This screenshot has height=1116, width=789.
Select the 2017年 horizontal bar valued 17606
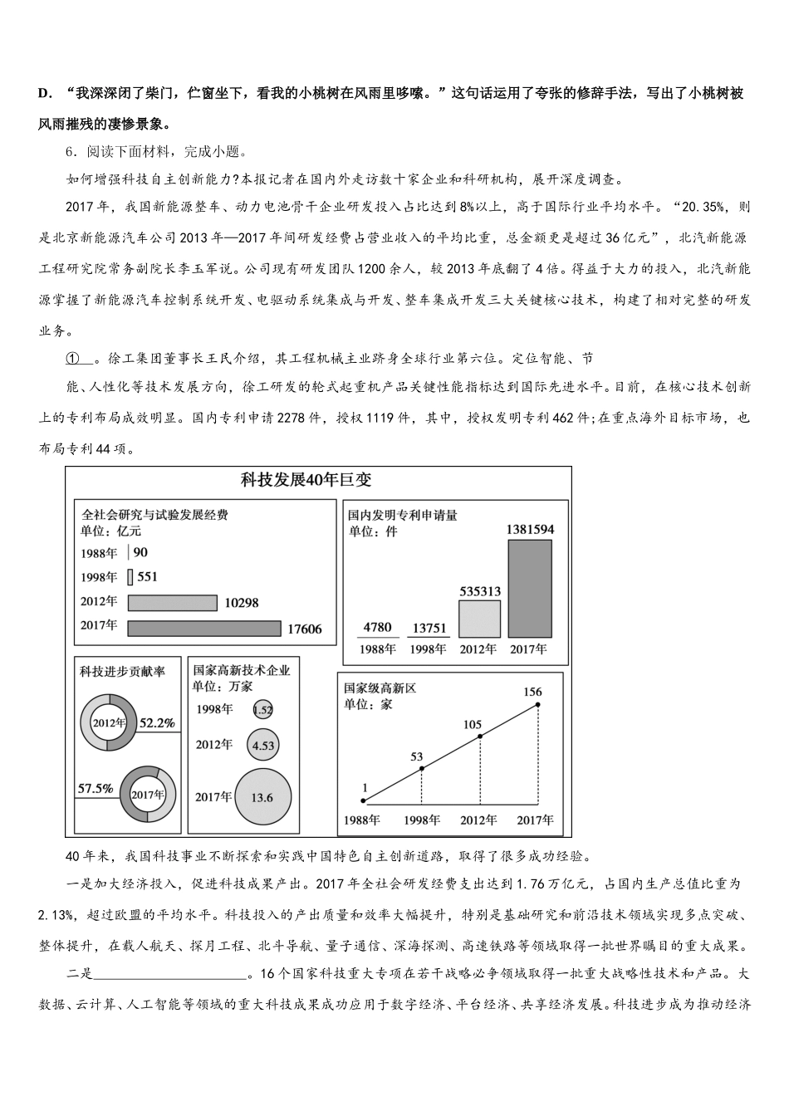[204, 628]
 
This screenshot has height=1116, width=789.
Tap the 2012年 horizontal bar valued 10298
[172, 603]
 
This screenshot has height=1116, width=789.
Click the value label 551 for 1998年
[147, 576]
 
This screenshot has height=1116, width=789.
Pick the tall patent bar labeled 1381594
[530, 589]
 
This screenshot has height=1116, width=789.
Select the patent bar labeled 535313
[480, 619]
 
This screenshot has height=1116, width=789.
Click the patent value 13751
[429, 628]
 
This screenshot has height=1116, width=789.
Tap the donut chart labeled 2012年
[108, 722]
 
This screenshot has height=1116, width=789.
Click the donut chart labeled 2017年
[148, 794]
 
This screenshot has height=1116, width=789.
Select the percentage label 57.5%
[96, 788]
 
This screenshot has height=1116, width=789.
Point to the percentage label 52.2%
[157, 722]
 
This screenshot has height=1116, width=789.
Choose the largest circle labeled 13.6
[262, 797]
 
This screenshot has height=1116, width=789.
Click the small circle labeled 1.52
[262, 710]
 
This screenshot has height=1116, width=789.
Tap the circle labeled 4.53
[262, 745]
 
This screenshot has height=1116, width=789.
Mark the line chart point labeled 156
[538, 704]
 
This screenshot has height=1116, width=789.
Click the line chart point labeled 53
[422, 769]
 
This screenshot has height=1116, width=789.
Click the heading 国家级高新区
[380, 688]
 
